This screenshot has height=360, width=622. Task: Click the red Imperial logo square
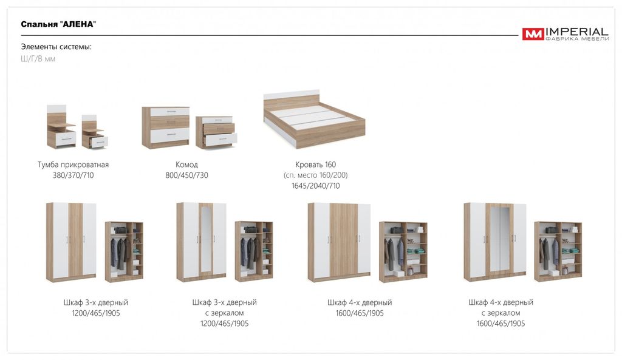click(x=533, y=34)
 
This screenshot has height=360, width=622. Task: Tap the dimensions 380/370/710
click(x=73, y=175)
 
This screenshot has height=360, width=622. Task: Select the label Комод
click(x=186, y=165)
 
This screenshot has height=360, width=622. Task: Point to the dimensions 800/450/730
click(x=187, y=175)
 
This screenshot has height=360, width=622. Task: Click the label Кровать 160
click(x=315, y=165)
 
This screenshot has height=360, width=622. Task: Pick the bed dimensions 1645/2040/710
click(x=316, y=186)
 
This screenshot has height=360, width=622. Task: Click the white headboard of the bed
click(x=292, y=94)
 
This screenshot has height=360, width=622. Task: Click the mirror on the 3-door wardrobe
click(x=205, y=239)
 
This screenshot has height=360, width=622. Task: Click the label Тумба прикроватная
click(x=73, y=165)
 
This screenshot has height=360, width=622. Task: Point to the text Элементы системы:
click(x=56, y=47)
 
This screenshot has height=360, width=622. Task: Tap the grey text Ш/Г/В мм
click(x=38, y=59)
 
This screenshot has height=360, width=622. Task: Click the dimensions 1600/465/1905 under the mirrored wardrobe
click(x=501, y=324)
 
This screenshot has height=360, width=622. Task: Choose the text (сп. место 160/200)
click(x=316, y=175)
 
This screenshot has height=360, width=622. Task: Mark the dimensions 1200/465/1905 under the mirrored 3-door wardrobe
click(x=225, y=324)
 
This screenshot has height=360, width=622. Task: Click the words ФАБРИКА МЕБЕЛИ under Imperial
click(x=578, y=39)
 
